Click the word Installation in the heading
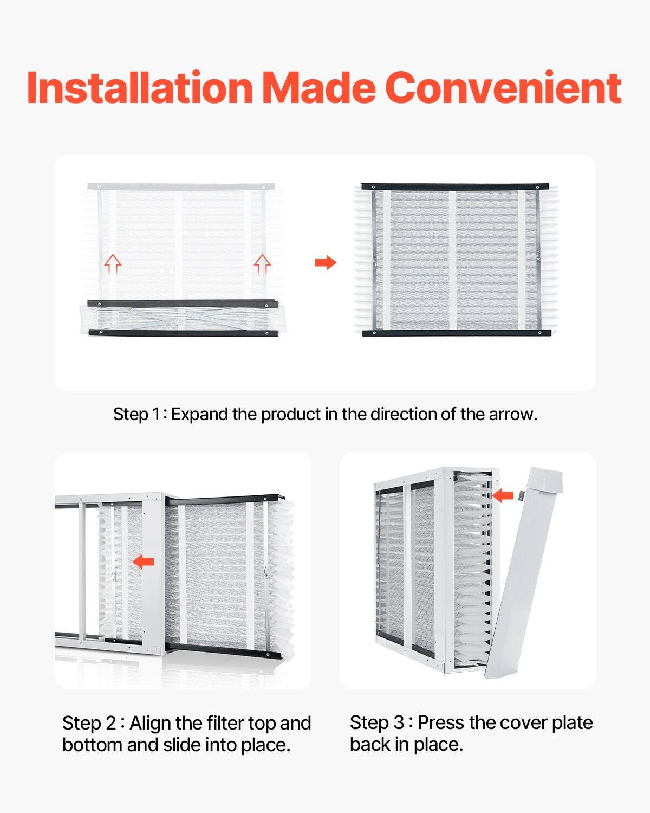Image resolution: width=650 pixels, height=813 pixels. tap(140, 87)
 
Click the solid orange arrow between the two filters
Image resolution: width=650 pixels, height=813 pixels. tap(326, 263)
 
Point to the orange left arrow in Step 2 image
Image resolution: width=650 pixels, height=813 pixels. tap(143, 562)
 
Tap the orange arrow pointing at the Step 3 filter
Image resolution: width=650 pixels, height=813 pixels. tap(503, 495)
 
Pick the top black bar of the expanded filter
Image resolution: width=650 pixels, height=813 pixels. tap(455, 186)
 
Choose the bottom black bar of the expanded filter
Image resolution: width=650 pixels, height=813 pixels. tap(456, 333)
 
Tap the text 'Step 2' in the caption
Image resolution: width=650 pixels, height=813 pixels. tap(89, 724)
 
